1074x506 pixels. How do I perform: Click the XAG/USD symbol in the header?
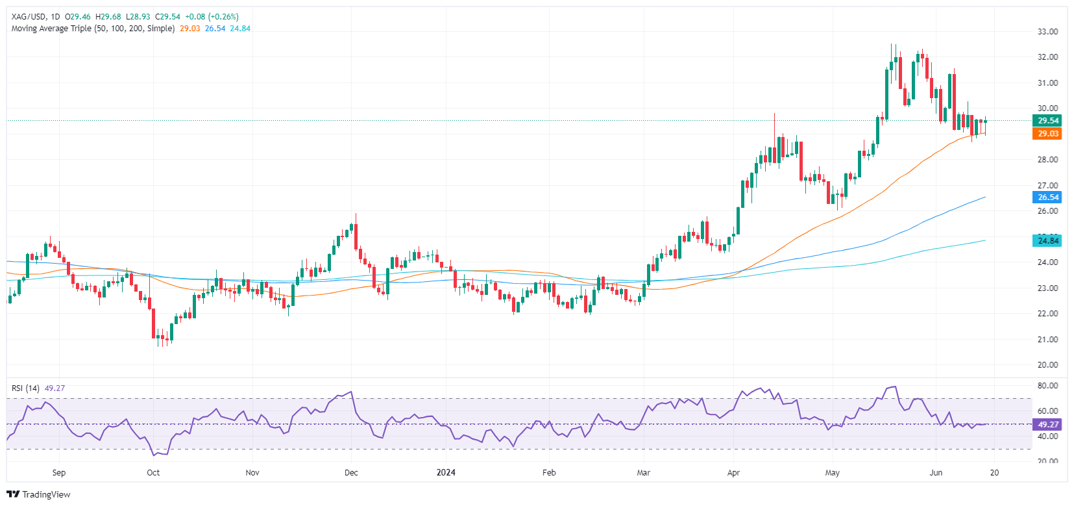[x=29, y=17]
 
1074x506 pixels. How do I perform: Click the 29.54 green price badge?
[x=1047, y=121]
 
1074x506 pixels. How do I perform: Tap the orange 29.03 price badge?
[x=1047, y=134]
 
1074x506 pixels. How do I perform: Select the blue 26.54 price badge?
[x=1047, y=197]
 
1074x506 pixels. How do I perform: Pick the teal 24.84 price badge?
[x=1047, y=241]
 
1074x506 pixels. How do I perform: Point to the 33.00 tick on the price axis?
[x=1047, y=32]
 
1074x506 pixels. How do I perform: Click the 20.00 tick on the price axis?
[x=1047, y=365]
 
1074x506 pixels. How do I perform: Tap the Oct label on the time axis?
[x=153, y=473]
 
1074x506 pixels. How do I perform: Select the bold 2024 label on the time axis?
[x=446, y=473]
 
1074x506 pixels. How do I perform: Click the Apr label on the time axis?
[x=733, y=473]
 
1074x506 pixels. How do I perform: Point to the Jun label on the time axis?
[x=936, y=473]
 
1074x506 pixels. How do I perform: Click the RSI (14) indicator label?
[x=25, y=388]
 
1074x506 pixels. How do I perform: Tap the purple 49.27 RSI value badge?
[x=1047, y=425]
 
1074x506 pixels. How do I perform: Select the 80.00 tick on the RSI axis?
[x=1047, y=386]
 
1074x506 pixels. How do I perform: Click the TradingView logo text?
[x=46, y=494]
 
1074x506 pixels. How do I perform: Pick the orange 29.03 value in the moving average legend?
[x=190, y=29]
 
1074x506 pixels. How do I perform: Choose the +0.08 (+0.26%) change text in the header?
[x=212, y=17]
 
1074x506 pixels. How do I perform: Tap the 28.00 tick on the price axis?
[x=1047, y=160]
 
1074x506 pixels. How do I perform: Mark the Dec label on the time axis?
[x=351, y=473]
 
